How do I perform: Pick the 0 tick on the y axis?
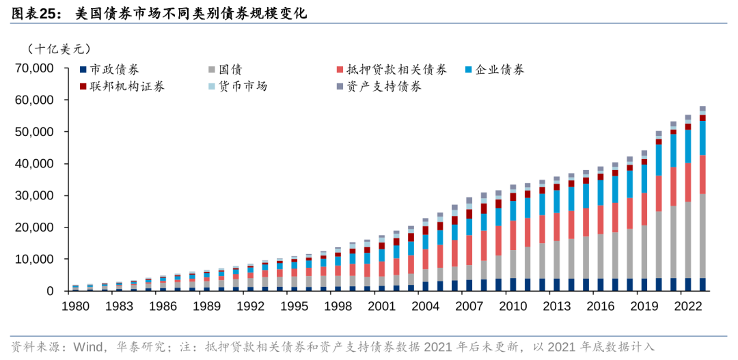[x=50, y=291]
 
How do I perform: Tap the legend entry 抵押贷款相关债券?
[x=396, y=70]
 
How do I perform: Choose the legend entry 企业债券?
[x=500, y=70]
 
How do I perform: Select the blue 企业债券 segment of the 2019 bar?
[x=644, y=178]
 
